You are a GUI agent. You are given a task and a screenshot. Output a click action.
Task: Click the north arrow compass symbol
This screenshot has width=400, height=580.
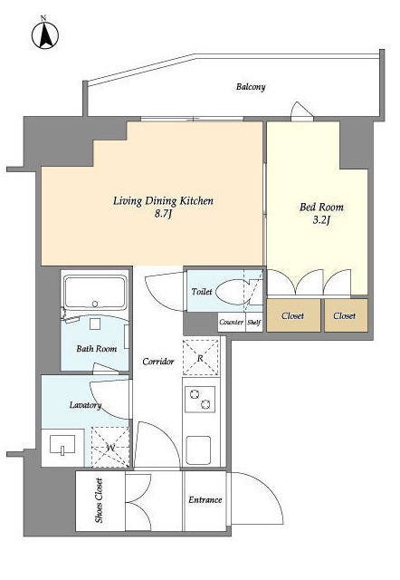coord(45,34)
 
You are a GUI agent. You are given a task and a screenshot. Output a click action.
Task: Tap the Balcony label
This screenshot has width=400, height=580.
coord(251,87)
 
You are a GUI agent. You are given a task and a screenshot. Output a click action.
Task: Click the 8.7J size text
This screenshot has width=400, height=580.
coord(163,215)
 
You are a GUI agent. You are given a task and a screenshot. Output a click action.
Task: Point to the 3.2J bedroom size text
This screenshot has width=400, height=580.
coord(321,220)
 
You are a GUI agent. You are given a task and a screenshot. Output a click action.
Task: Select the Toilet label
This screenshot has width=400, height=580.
coord(202,292)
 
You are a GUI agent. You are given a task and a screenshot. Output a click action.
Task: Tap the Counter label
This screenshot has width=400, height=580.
coord(231,322)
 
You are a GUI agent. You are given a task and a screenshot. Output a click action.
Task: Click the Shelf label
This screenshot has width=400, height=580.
coord(254,323)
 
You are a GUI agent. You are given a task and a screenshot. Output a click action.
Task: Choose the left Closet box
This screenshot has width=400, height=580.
coord(293,315)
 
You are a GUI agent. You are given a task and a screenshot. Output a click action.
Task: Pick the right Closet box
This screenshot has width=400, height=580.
coord(346,315)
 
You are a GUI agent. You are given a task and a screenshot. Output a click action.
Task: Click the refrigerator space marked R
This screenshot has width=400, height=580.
coord(201,358)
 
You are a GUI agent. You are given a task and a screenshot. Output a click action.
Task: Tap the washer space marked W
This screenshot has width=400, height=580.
coord(110,447)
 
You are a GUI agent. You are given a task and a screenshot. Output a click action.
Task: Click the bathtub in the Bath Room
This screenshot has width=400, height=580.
coord(95,292)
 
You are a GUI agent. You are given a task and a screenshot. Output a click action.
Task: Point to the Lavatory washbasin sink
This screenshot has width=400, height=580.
coord(62,445)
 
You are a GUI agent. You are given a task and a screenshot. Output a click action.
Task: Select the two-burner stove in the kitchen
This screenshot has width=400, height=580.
coord(200,399)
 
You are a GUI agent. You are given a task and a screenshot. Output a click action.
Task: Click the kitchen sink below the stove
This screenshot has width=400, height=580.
coord(198,450)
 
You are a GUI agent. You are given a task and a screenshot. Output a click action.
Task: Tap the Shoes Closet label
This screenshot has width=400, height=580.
coord(99,500)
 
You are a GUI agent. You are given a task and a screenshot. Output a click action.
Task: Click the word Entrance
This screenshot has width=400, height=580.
coord(205,500)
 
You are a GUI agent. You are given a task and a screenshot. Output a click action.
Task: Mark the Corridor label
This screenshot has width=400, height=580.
coord(158,362)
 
